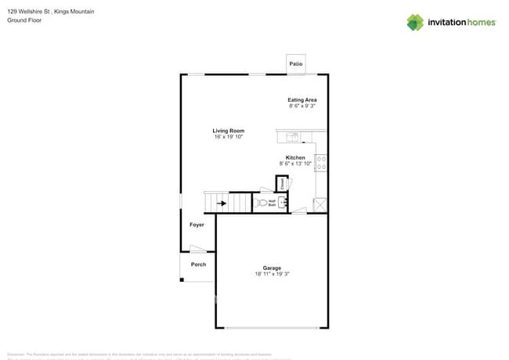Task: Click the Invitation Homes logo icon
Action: click(x=415, y=22)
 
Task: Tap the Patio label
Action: click(x=296, y=63)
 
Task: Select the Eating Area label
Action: click(x=302, y=100)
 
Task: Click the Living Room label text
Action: click(x=229, y=131)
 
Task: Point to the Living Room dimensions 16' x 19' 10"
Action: click(x=229, y=137)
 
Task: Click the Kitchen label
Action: click(x=295, y=157)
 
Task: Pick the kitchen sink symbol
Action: click(x=291, y=137)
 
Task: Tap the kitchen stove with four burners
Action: click(x=321, y=164)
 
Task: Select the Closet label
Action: click(x=282, y=184)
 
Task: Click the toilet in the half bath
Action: click(x=262, y=203)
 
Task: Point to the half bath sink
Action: click(x=284, y=203)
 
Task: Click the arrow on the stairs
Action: click(x=222, y=203)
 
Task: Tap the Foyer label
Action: click(x=197, y=225)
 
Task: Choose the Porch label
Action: click(x=199, y=265)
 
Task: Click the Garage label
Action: click(x=273, y=268)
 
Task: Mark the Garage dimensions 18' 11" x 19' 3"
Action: click(x=273, y=274)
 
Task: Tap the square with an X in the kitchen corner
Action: click(x=320, y=204)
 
